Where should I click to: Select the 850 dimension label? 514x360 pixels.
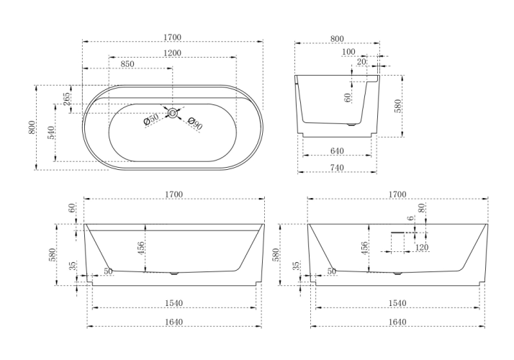[x=127, y=64]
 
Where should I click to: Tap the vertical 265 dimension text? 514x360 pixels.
[x=68, y=99]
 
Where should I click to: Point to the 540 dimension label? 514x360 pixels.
[x=50, y=132]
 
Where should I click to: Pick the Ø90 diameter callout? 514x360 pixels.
[x=194, y=123]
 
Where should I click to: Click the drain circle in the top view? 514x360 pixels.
[x=173, y=112]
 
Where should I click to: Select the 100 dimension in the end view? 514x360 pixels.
[x=349, y=52]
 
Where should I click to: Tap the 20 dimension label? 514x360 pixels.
[x=361, y=63]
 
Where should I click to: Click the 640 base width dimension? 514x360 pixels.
[x=338, y=151]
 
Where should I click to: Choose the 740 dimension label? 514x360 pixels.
[x=338, y=168]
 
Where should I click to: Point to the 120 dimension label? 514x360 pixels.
[x=422, y=248]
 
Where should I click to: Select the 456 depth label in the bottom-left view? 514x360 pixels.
[x=142, y=247]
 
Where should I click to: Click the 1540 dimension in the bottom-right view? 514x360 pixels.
[x=397, y=305]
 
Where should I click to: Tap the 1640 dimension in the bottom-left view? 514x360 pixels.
[x=173, y=322]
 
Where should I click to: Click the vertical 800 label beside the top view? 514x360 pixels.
[x=32, y=127]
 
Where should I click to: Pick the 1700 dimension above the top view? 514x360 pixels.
[x=173, y=35]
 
